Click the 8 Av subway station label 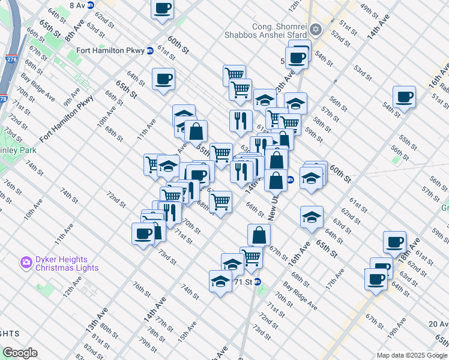pyautogui.click(x=77, y=5)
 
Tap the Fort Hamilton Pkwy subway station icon pyautogui.click(x=150, y=51)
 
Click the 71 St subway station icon pyautogui.click(x=258, y=281)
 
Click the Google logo pyautogui.click(x=20, y=353)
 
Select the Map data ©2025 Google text pyautogui.click(x=411, y=355)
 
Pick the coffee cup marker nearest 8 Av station pyautogui.click(x=163, y=8)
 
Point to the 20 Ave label pyautogui.click(x=439, y=323)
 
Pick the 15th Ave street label pyautogui.click(x=187, y=333)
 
